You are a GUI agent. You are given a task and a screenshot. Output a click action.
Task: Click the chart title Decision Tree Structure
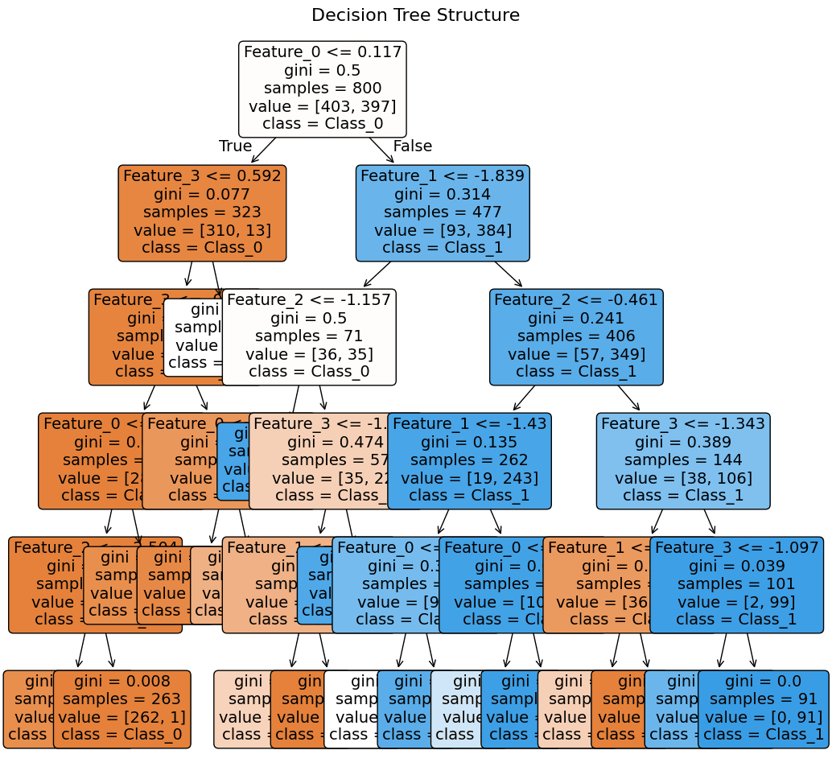(x=415, y=15)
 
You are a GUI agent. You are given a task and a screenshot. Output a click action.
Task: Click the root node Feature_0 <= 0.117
(x=322, y=89)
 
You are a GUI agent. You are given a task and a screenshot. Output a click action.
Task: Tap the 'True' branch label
(x=235, y=146)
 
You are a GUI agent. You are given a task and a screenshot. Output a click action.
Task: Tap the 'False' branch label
(x=412, y=146)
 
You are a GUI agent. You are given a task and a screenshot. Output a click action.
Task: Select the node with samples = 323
(x=202, y=213)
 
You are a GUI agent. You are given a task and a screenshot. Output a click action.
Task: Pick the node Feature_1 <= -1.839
(x=443, y=213)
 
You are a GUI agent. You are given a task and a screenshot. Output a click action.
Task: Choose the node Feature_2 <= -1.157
(x=309, y=337)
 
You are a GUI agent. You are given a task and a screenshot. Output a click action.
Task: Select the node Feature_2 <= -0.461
(x=576, y=337)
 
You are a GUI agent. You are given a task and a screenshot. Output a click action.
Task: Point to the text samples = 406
(x=576, y=336)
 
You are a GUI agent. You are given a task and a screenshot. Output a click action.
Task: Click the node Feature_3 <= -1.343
(x=683, y=461)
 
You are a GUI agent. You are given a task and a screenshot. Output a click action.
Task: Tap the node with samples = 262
(x=469, y=461)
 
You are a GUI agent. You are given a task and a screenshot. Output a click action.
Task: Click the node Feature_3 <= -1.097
(x=736, y=585)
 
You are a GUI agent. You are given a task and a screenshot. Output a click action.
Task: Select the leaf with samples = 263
(x=122, y=709)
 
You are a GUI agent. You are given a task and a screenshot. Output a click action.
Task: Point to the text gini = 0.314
(x=443, y=195)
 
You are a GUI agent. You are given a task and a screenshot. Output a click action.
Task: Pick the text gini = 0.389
(x=683, y=443)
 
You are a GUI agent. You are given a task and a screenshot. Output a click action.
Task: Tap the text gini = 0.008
(x=122, y=682)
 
